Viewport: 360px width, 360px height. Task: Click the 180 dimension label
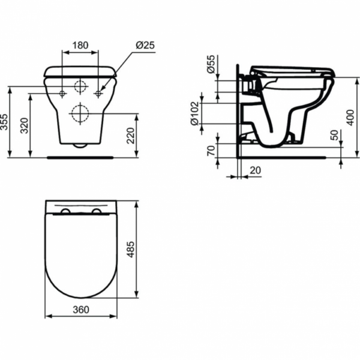tap(80, 45)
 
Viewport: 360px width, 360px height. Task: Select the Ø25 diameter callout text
tap(145, 45)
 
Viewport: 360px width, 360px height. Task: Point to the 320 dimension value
tap(25, 125)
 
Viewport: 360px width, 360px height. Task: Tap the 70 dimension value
tap(211, 151)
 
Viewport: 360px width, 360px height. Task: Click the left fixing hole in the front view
tap(63, 94)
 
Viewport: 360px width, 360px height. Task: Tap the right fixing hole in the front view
tap(99, 94)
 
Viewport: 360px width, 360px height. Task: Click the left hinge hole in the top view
tap(64, 213)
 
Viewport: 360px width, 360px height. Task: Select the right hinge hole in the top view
tap(97, 213)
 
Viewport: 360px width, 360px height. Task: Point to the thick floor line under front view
tap(80, 158)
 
